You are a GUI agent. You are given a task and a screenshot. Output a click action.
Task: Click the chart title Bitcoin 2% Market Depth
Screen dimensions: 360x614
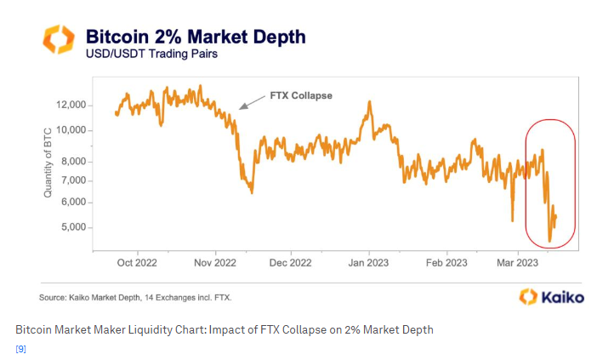point(195,37)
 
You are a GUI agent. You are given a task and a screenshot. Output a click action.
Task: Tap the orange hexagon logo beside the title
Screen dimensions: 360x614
point(60,42)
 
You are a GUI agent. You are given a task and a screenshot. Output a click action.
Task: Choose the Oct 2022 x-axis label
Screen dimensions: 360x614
point(139,263)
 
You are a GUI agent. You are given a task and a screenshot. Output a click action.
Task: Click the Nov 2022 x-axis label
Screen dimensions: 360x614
point(214,263)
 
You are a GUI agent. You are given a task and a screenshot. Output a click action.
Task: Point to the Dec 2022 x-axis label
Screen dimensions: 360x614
point(290,263)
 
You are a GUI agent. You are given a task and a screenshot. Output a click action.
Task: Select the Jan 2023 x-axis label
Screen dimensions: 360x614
point(368,263)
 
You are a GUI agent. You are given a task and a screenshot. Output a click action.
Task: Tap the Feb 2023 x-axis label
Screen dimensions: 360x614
point(445,263)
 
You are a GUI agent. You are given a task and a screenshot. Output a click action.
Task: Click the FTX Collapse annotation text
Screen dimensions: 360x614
point(300,95)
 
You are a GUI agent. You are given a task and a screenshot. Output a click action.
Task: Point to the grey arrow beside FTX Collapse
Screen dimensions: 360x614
point(251,102)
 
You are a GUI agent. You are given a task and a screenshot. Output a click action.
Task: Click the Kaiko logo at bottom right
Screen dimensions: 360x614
point(551,296)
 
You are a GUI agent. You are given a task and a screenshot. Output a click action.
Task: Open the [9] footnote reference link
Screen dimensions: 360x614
point(20,349)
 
